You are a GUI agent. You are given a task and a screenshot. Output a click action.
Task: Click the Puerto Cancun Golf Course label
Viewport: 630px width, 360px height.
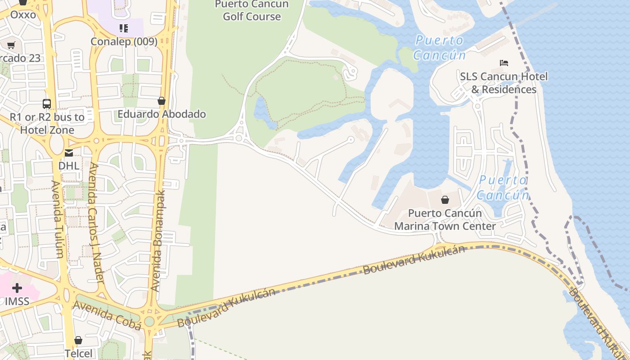coord(252,10)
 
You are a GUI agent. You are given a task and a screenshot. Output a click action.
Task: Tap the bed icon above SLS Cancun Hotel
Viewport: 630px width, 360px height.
coord(504,63)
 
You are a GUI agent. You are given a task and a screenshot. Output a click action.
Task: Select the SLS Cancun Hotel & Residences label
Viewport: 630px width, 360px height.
coord(504,83)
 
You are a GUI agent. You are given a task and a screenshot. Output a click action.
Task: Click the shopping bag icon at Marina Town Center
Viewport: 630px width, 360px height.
coord(445,200)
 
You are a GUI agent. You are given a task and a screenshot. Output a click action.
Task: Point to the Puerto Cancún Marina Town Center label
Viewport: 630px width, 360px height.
coord(445,220)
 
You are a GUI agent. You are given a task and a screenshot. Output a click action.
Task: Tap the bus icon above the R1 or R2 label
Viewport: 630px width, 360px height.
coord(47,104)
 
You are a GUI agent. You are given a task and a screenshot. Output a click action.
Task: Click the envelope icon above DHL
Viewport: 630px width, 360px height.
coord(69,153)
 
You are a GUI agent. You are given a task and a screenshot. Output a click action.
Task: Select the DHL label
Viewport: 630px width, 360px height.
coord(69,166)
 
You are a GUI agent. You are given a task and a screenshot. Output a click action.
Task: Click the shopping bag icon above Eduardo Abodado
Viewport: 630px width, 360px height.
coord(162,101)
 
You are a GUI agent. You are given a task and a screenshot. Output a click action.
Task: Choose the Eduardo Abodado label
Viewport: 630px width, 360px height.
coord(162,114)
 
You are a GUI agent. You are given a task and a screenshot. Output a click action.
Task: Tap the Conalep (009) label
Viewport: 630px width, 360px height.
coord(124,41)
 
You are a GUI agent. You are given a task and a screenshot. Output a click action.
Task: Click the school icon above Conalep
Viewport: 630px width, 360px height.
coord(124,29)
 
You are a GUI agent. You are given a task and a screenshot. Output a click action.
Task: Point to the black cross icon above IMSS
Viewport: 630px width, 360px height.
coord(17,288)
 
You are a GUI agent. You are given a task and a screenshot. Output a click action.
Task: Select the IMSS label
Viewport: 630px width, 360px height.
coord(17,301)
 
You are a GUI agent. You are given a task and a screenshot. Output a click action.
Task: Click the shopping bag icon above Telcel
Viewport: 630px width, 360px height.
coord(78,340)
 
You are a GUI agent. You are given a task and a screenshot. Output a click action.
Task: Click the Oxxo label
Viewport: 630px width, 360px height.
coord(23,14)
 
